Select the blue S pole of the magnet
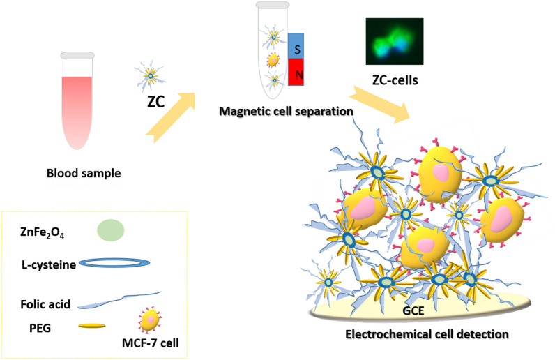(x=296, y=50)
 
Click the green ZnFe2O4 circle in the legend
(x=110, y=230)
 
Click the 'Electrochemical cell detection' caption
(x=427, y=335)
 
